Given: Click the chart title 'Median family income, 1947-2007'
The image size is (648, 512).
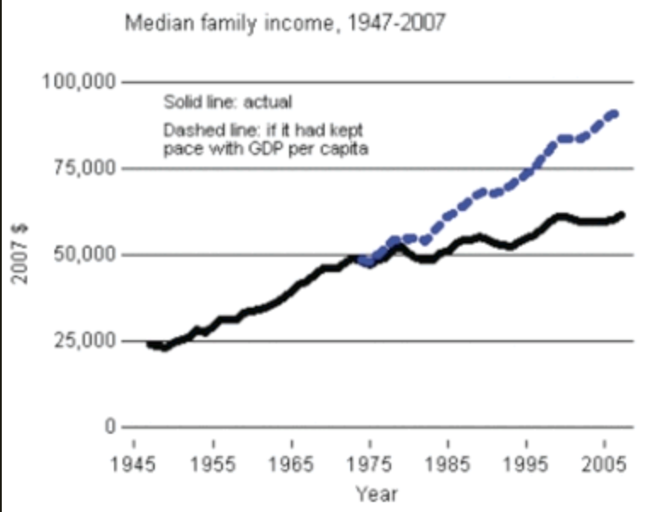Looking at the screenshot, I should coord(284,22).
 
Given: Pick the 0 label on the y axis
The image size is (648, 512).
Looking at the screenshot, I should coord(110,427).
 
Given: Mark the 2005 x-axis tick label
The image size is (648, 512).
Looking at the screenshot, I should coord(605,467).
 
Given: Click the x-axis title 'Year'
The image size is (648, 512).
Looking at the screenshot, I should coord(376,493).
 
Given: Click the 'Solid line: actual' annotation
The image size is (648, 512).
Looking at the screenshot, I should coord(227,103).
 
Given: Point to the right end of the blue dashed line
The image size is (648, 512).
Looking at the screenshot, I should coord(616,112).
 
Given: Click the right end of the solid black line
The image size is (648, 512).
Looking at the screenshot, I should coord(622,214).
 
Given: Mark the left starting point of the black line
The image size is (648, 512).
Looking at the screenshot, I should coord(149,344).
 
